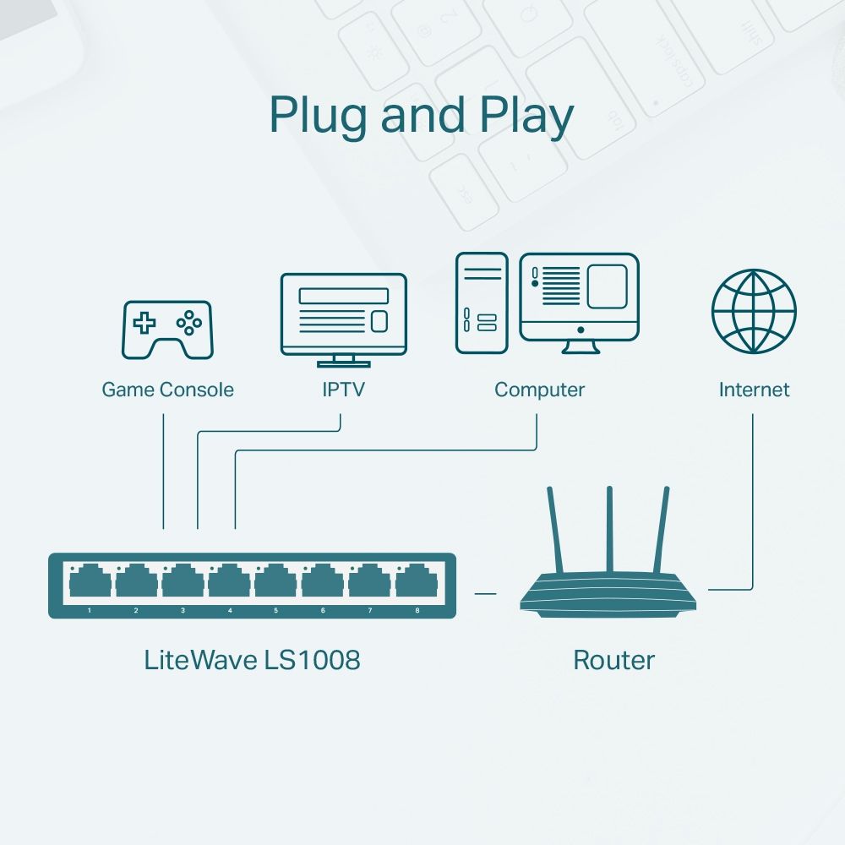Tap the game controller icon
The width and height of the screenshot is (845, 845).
pos(168,330)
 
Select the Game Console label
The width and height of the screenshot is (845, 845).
pos(167,390)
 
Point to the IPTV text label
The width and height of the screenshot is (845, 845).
pos(343,390)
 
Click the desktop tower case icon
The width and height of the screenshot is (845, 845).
pos(482,303)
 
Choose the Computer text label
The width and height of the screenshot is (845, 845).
pos(539,390)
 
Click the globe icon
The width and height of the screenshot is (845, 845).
pos(754,311)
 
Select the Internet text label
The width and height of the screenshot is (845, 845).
pos(754,390)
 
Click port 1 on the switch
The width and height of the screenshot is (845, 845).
pos(90,582)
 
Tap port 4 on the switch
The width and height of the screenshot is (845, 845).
pos(230,582)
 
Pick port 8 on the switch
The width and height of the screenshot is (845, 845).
pos(417,582)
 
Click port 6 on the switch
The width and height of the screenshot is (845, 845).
pos(323,582)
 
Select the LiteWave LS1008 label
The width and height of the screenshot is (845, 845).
pos(252,660)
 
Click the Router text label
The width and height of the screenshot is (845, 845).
pos(613,660)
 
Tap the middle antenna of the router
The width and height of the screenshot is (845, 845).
pos(608,528)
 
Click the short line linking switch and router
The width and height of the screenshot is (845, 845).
pos(485,593)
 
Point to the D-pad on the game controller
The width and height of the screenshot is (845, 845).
pos(146,322)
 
